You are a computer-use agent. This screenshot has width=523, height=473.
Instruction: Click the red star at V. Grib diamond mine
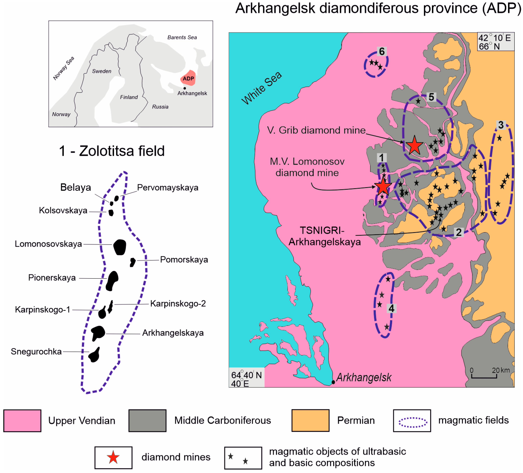click(414, 145)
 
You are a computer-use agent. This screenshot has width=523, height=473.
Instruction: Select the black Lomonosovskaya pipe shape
click(120, 247)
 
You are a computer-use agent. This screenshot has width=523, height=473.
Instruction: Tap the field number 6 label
click(382, 51)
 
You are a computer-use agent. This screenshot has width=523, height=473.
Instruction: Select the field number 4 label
click(391, 308)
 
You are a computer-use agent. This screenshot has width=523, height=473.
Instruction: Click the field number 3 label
click(501, 125)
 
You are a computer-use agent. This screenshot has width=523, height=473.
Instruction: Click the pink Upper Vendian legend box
click(22, 421)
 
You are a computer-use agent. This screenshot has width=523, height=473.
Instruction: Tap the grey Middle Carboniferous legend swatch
click(147, 421)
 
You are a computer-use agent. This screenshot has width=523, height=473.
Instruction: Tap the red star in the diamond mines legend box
click(113, 457)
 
